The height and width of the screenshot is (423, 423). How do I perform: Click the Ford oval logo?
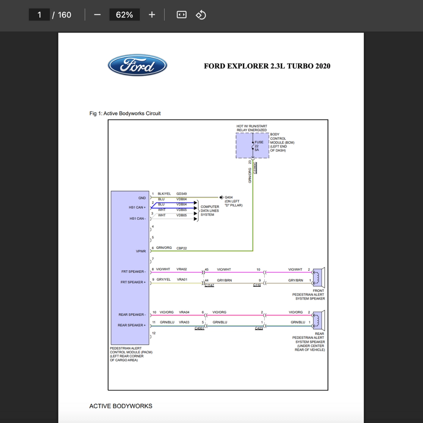137,65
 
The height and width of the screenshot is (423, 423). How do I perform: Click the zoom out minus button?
98,14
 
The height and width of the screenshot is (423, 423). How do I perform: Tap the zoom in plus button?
152,14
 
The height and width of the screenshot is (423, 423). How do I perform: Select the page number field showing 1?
40,14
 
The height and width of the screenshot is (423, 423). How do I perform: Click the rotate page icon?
201,14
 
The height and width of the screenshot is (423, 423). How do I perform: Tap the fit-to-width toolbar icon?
182,14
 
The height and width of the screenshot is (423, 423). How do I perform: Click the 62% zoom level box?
125,14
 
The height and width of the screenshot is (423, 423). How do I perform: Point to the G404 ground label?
228,197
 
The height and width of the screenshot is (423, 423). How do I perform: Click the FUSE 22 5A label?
259,146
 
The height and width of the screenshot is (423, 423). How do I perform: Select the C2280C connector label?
255,168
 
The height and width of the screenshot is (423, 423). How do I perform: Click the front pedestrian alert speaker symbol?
318,278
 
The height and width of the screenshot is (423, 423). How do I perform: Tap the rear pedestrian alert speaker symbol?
318,320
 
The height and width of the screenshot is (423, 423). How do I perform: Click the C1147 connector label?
209,285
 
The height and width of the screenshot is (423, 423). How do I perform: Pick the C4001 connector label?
199,328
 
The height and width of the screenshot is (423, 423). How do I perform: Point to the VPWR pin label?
141,251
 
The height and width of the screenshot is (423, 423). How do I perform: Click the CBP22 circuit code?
182,248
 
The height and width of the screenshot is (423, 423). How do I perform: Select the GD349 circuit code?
182,194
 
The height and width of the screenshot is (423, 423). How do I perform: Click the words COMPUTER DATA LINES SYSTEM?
210,211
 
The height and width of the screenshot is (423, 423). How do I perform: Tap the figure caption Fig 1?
125,113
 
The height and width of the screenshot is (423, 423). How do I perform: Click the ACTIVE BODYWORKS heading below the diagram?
121,406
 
